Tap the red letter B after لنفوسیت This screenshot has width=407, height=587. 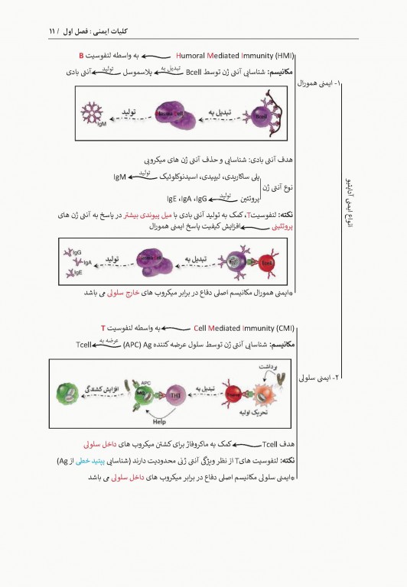81,56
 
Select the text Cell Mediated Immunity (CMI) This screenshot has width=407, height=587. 244,329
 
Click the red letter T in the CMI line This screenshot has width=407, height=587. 103,329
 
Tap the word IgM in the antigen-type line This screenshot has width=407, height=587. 119,178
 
